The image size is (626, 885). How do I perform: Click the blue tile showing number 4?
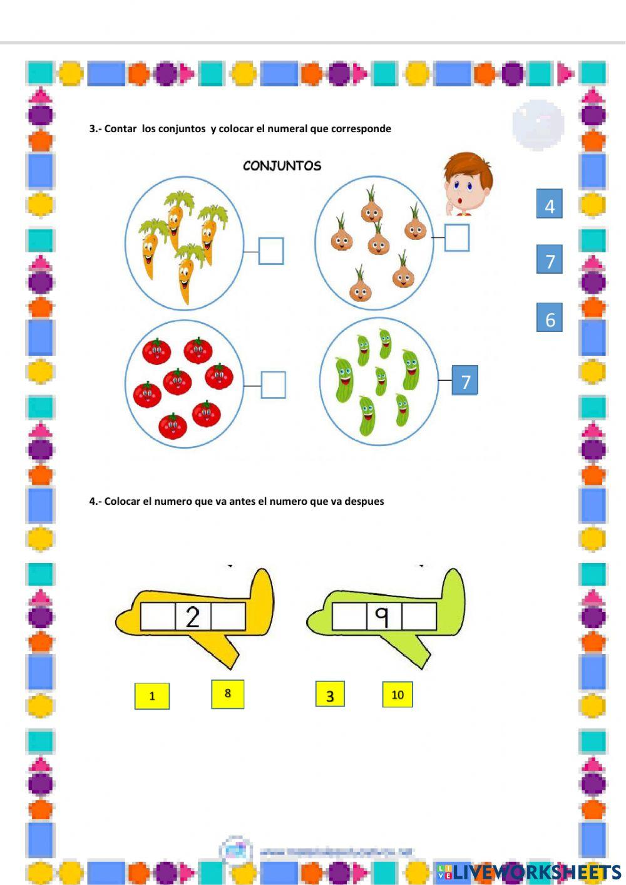click(549, 204)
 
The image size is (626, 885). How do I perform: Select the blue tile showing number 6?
click(549, 318)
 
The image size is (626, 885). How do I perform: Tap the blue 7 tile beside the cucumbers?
click(464, 380)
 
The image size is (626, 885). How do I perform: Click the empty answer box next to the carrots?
click(271, 251)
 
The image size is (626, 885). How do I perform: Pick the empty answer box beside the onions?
click(457, 238)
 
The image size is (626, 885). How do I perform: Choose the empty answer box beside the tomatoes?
click(273, 385)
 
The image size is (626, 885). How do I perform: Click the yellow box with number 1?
click(152, 696)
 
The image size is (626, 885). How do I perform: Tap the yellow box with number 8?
click(228, 694)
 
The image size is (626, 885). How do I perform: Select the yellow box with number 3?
click(330, 695)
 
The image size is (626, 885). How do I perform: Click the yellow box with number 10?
click(398, 695)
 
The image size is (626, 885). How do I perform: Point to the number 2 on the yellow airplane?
click(193, 617)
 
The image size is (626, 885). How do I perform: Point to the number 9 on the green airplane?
click(383, 617)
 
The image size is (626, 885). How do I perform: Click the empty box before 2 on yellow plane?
click(158, 617)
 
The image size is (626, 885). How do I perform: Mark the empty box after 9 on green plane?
click(419, 617)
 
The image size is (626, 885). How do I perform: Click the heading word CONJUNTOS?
click(282, 166)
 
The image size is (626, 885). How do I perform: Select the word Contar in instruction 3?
click(120, 129)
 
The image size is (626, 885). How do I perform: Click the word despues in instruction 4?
click(364, 502)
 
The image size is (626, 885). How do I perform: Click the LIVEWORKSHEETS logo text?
click(536, 872)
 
